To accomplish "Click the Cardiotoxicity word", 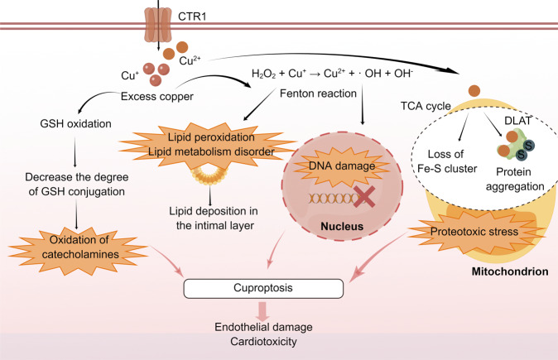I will tap(263, 341).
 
